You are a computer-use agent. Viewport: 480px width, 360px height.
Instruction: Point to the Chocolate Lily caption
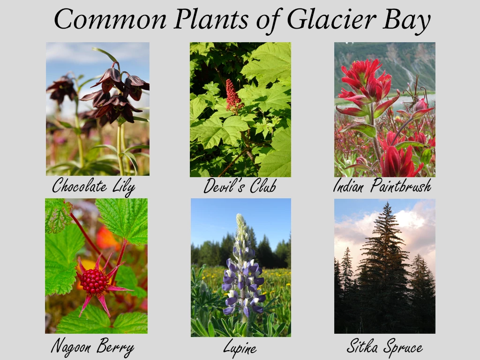[x=93, y=187]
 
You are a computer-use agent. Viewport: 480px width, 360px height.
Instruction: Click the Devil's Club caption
[x=240, y=187]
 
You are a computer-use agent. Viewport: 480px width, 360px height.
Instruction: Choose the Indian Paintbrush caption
[x=382, y=187]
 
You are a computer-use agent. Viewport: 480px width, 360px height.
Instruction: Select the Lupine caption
[x=240, y=348]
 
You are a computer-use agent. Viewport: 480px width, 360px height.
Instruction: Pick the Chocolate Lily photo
[x=97, y=109]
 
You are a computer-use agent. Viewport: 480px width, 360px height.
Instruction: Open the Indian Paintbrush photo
[x=384, y=109]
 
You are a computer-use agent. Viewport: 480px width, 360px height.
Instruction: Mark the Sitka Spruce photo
[x=384, y=266]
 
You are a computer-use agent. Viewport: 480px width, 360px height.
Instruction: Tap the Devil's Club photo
[x=240, y=109]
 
